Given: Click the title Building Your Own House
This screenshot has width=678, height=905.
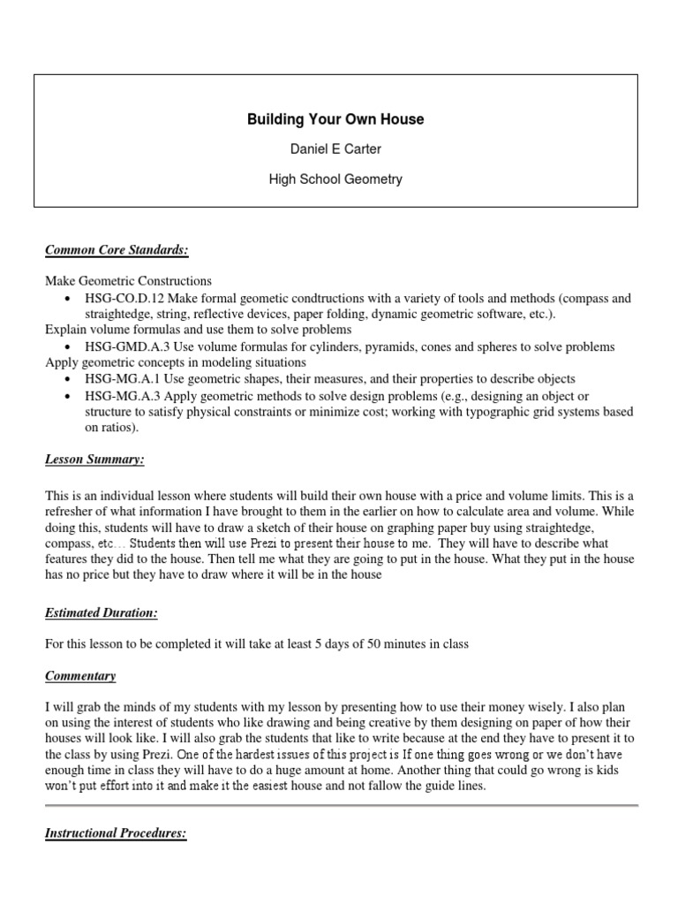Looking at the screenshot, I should (x=335, y=119).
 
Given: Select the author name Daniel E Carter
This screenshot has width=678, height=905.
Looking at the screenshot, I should (x=335, y=149).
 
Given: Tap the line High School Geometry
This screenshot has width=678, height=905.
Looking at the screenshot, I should (x=335, y=179).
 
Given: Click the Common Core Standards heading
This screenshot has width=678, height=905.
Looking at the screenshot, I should (x=117, y=251).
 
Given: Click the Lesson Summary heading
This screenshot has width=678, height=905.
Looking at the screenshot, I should (x=95, y=460).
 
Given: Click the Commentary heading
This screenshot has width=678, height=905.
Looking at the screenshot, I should (x=80, y=676).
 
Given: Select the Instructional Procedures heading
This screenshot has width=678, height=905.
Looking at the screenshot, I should (x=116, y=834).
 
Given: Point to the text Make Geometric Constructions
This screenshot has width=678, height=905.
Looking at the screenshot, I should (x=129, y=280).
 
